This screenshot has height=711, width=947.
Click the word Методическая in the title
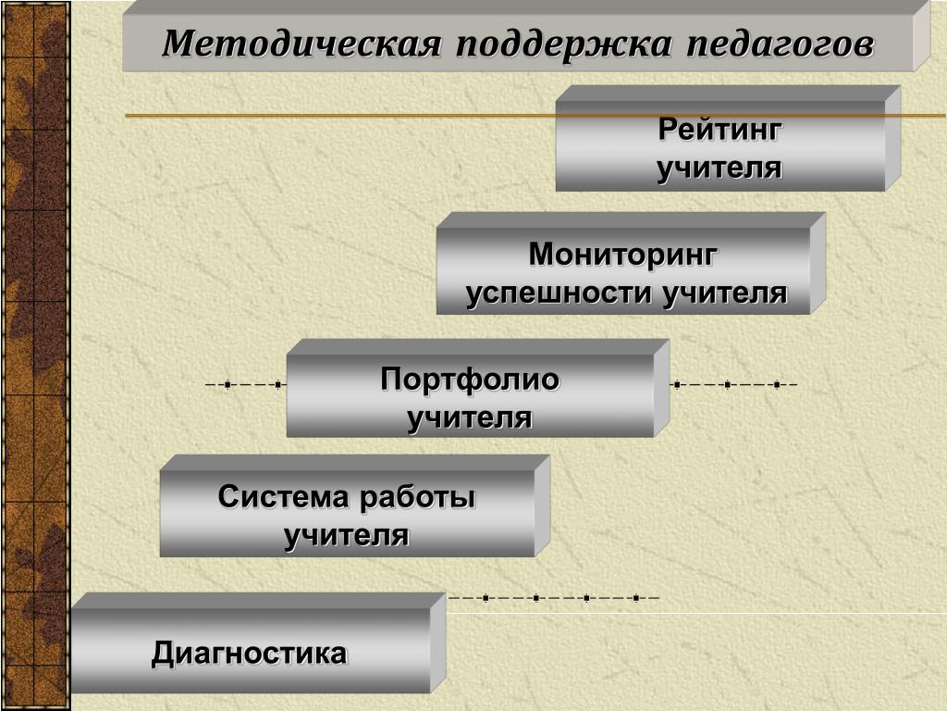[x=300, y=44]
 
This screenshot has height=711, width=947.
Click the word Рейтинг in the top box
[x=719, y=131]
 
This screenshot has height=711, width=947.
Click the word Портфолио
[x=471, y=380]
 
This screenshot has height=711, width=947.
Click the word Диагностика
[x=250, y=654]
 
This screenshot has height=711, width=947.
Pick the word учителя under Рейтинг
[x=719, y=169]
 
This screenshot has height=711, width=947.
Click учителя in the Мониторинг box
[x=725, y=293]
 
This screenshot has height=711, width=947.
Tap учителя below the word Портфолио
[x=470, y=418]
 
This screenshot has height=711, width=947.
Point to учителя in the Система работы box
[x=347, y=536]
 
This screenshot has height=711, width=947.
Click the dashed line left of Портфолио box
[x=244, y=384]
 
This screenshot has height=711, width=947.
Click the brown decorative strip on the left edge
[x=34, y=355]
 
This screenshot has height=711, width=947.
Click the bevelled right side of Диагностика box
[x=438, y=644]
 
